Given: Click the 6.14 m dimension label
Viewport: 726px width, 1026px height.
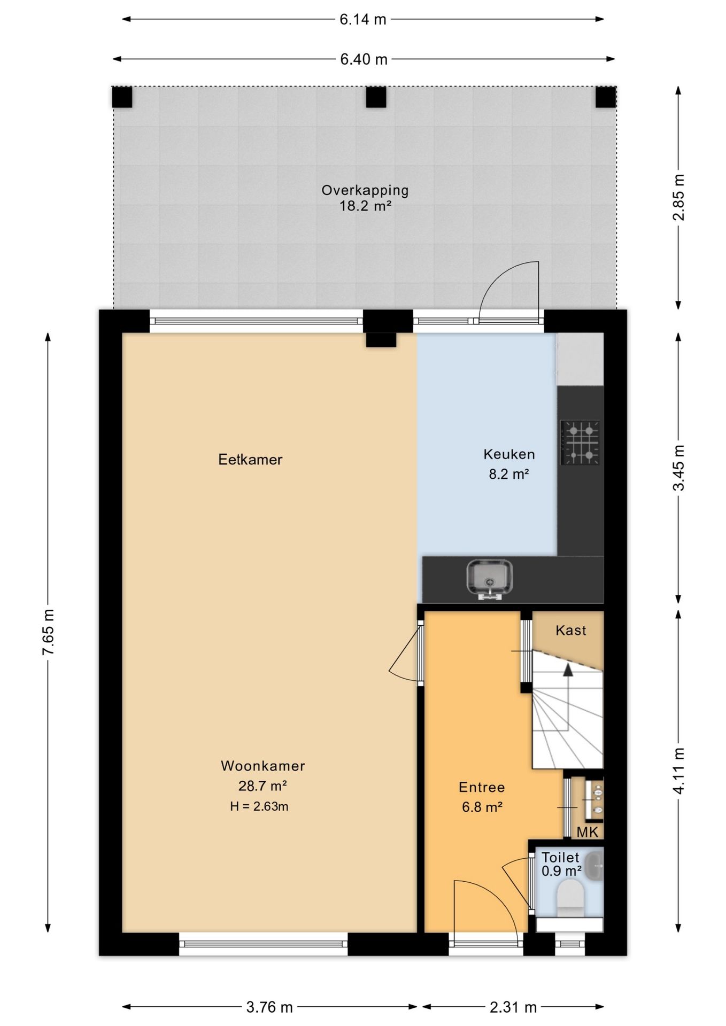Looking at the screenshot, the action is click(362, 20).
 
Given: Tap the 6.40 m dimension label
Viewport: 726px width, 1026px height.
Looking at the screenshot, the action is click(364, 59).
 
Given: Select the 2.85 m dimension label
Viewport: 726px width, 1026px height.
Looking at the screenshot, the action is click(679, 197).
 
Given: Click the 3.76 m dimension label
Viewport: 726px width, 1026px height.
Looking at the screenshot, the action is click(269, 1007).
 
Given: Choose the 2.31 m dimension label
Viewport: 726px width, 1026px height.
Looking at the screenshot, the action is click(513, 1007).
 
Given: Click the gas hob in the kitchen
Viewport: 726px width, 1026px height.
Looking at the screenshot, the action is click(580, 442).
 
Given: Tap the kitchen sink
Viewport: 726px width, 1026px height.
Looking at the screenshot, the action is click(489, 579).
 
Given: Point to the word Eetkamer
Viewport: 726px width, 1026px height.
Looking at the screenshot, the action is click(250, 460).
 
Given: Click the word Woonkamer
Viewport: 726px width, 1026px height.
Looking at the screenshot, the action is click(263, 766).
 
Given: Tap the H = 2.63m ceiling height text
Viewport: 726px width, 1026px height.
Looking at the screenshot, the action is click(259, 806).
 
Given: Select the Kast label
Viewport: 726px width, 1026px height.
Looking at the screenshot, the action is click(571, 631).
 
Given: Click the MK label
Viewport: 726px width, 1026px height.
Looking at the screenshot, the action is click(588, 832).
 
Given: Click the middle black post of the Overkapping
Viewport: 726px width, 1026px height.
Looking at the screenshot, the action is click(376, 97).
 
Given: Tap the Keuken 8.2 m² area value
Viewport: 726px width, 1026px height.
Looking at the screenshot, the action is click(509, 474).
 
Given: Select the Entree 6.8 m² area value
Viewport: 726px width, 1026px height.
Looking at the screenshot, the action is click(482, 807).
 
